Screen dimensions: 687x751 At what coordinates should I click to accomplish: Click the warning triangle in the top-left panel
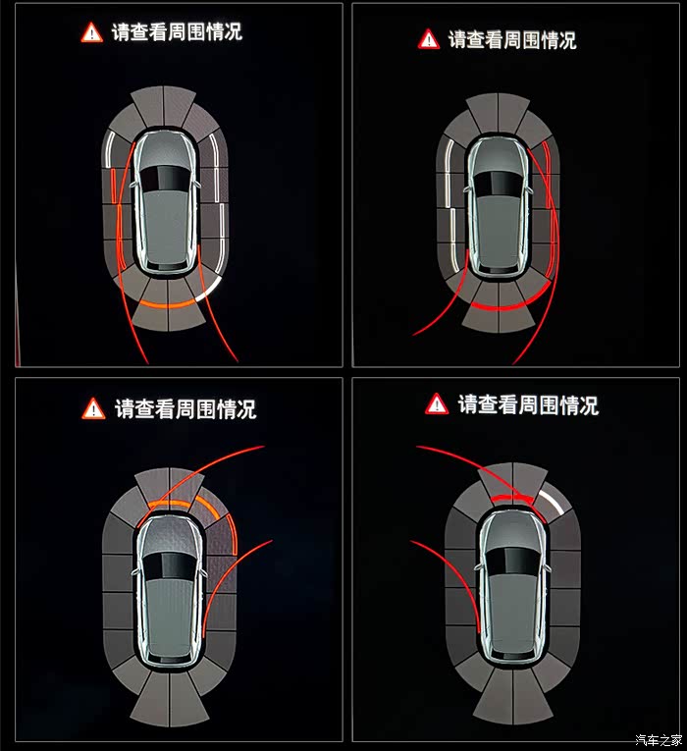(x=91, y=33)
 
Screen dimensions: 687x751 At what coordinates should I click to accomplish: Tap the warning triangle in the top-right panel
(x=429, y=39)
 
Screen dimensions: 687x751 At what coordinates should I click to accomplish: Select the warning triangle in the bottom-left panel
(x=94, y=409)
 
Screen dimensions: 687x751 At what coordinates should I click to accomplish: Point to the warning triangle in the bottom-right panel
(x=436, y=403)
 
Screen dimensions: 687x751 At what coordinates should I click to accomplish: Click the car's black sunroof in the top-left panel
(x=166, y=179)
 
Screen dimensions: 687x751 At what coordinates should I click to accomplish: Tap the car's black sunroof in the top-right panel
(x=498, y=183)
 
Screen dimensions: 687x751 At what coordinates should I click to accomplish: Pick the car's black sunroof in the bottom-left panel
(x=170, y=565)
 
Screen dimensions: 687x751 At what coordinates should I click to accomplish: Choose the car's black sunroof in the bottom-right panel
(x=512, y=562)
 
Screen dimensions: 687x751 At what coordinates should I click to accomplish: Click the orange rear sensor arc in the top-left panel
(x=168, y=305)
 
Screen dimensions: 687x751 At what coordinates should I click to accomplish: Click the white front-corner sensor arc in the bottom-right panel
(x=552, y=501)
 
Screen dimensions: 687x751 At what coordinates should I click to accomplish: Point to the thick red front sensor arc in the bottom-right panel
(x=512, y=498)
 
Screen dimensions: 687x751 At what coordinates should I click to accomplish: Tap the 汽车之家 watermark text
(x=659, y=740)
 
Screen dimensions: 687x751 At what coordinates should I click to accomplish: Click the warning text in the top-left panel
(x=177, y=32)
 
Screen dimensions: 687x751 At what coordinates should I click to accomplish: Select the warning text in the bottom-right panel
(x=528, y=405)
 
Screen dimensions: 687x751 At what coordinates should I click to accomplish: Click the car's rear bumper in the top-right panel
(x=498, y=270)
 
